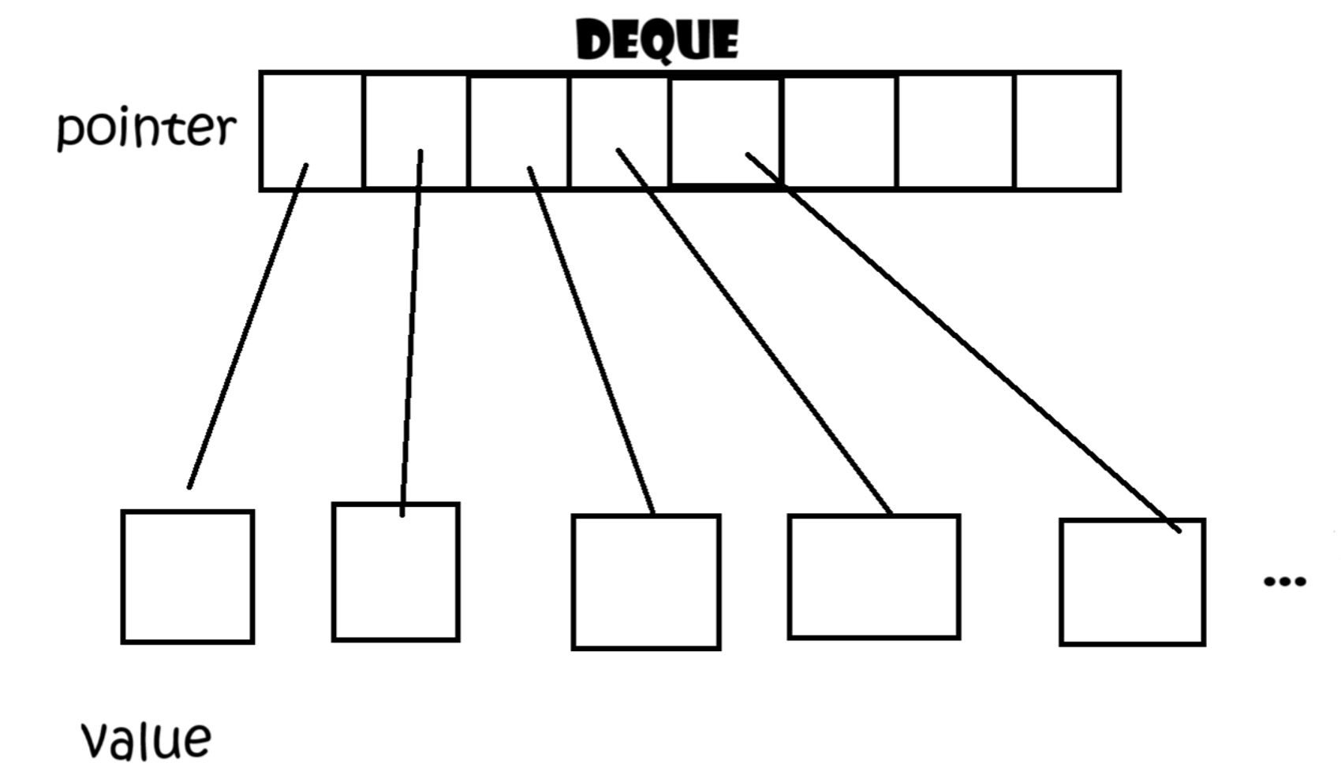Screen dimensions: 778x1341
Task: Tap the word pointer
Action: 147,128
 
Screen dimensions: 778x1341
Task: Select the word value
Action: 147,739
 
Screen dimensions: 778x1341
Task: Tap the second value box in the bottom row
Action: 396,572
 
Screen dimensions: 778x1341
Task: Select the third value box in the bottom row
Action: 646,583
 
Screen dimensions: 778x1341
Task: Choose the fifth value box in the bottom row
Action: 1132,583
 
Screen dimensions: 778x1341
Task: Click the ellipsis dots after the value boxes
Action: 1284,582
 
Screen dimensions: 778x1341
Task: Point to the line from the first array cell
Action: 248,325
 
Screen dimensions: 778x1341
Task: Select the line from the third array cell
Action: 591,341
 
